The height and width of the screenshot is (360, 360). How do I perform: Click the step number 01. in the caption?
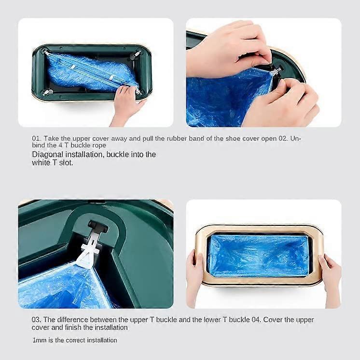pos(37,138)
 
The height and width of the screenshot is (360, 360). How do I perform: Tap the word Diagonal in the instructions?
pos(47,154)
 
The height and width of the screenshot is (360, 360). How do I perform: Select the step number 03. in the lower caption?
pos(37,319)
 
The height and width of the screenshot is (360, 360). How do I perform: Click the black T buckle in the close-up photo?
pos(98,225)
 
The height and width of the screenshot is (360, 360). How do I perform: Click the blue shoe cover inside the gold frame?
pos(259,255)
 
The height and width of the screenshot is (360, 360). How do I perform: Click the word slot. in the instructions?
pos(66,163)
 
